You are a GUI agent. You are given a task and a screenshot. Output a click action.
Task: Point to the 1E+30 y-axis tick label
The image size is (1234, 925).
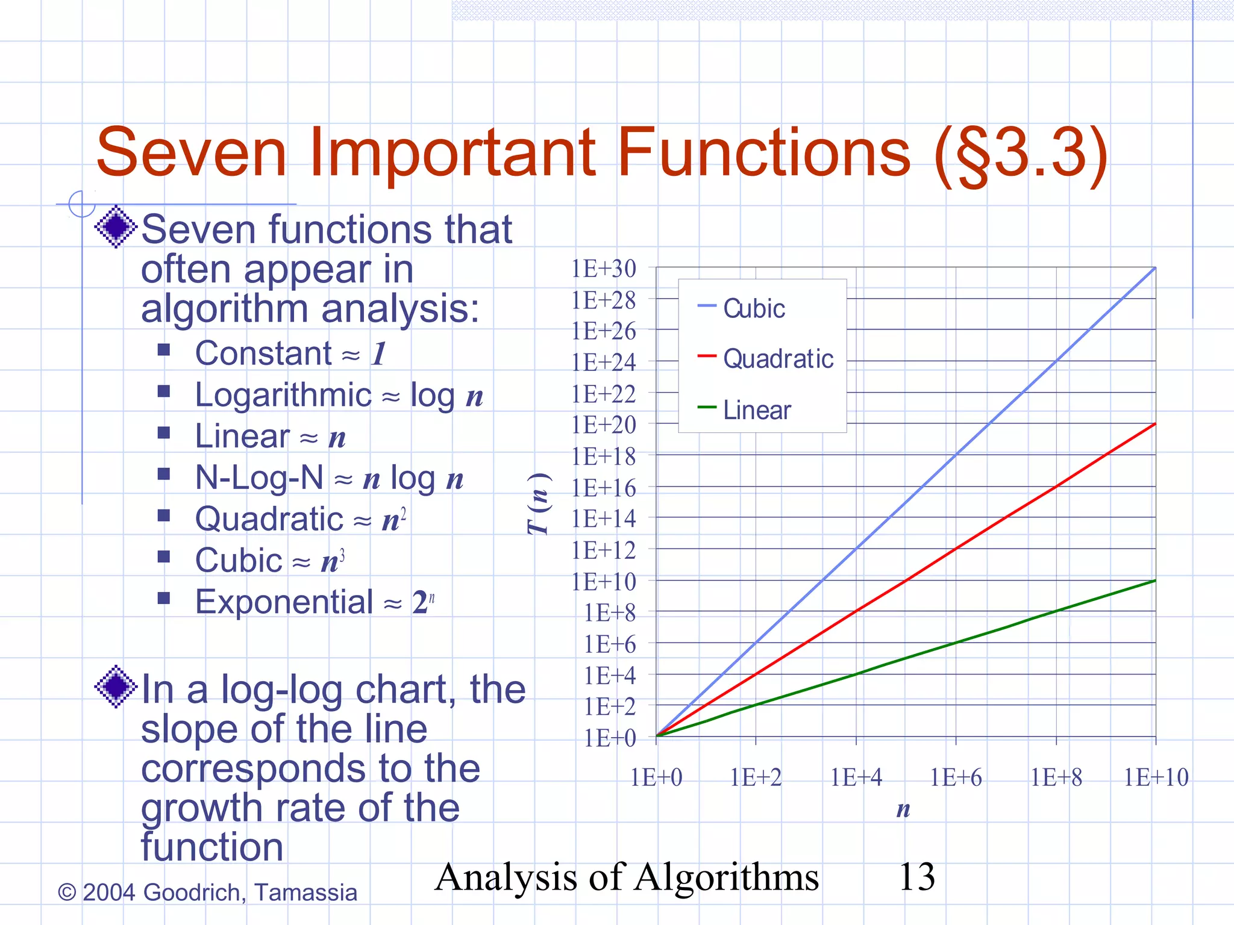pos(603,269)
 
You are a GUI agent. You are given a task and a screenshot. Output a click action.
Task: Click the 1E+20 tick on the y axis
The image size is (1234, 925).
pos(603,425)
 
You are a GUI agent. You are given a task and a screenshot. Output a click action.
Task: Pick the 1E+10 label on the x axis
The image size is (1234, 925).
pos(1156,777)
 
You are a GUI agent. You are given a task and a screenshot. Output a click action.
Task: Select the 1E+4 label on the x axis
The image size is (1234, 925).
pos(856,777)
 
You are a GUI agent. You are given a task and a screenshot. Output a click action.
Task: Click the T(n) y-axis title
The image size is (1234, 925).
pos(538,504)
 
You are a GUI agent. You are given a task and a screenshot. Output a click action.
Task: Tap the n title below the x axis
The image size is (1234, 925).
pos(903,809)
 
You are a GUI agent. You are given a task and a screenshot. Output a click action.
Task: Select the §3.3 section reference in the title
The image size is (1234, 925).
pos(1021,154)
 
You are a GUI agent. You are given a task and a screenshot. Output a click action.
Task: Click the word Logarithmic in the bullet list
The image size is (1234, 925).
pos(283,396)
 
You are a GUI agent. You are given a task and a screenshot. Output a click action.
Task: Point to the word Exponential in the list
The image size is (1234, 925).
pos(284,602)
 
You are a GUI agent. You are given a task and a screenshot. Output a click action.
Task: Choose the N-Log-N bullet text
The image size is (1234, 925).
pos(259,478)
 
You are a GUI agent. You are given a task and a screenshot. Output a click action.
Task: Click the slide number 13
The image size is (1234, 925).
pos(916,877)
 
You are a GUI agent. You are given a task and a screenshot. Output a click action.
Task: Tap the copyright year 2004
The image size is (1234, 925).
pos(108,892)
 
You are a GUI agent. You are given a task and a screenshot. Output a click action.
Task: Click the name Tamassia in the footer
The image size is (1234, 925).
pos(305,892)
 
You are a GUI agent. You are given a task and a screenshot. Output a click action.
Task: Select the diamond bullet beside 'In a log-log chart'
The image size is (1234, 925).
pos(116,686)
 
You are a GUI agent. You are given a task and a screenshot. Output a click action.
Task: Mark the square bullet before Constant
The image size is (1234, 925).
pos(164,350)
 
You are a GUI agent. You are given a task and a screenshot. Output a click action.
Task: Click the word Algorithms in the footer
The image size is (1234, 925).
pos(727,877)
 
